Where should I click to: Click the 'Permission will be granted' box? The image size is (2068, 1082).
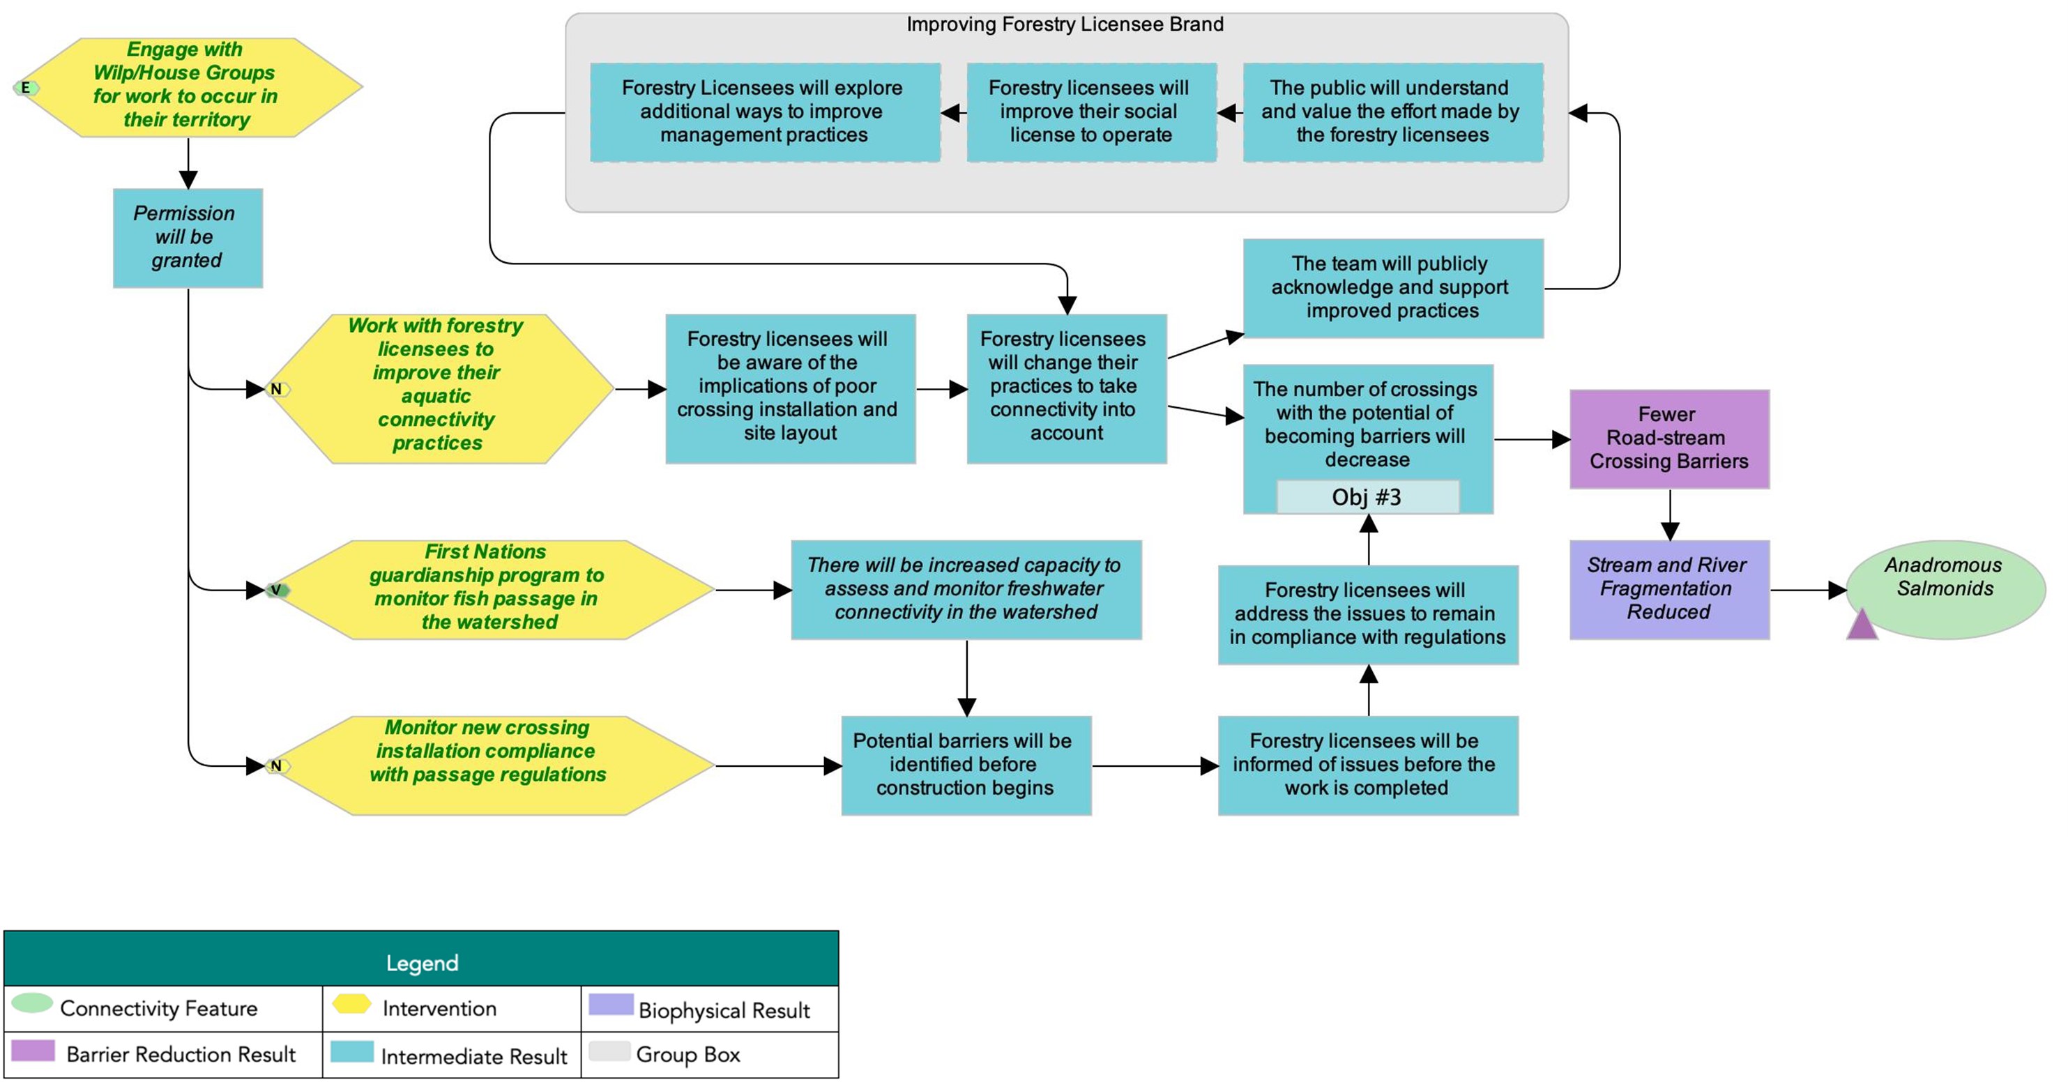tap(187, 238)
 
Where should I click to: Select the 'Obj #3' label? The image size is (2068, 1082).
tap(1367, 497)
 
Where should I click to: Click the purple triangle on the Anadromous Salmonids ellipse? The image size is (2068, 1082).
tap(1862, 625)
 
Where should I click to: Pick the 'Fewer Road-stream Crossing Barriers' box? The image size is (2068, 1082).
tap(1669, 439)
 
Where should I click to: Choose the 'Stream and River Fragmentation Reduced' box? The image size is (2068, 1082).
tap(1669, 589)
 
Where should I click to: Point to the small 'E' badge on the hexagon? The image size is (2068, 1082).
tap(26, 87)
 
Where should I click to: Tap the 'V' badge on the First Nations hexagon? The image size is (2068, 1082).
tap(276, 590)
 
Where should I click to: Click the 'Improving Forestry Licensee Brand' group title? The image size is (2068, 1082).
tap(1065, 25)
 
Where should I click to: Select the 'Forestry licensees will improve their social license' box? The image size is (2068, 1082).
tap(1091, 112)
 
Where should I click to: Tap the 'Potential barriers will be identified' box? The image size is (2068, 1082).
tap(966, 765)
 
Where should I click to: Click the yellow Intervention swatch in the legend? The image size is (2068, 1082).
tap(351, 1004)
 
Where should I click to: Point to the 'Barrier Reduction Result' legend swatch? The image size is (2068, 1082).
tap(33, 1051)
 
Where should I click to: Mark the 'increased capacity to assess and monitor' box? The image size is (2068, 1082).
tap(966, 589)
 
